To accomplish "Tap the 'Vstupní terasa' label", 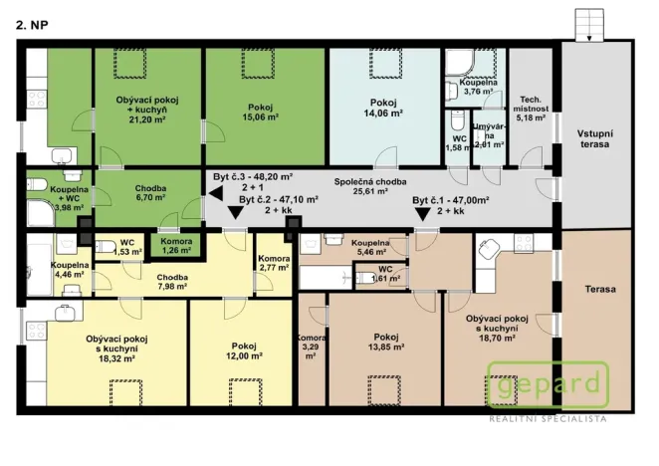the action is [594, 138].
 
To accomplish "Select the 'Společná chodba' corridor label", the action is [370, 186].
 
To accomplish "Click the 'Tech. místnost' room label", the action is [531, 109].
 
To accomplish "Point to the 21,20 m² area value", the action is [147, 119].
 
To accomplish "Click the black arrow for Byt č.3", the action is [216, 193].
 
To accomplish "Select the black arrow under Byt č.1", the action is [422, 214].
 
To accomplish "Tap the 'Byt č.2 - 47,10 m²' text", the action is [278, 199].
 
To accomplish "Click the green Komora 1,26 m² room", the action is [176, 246].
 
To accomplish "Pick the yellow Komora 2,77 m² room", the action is [274, 264].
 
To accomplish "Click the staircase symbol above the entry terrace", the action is [589, 25].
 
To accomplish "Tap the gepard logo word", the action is [549, 384].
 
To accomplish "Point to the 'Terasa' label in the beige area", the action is [600, 289].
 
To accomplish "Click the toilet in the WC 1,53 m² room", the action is [104, 246].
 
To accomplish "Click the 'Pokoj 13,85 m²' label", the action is [386, 342].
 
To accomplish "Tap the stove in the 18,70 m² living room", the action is [524, 243].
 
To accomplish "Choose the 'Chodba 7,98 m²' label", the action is [172, 282].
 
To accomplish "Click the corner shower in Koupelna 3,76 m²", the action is [460, 63].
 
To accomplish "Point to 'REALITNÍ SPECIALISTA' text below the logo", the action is [549, 419].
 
